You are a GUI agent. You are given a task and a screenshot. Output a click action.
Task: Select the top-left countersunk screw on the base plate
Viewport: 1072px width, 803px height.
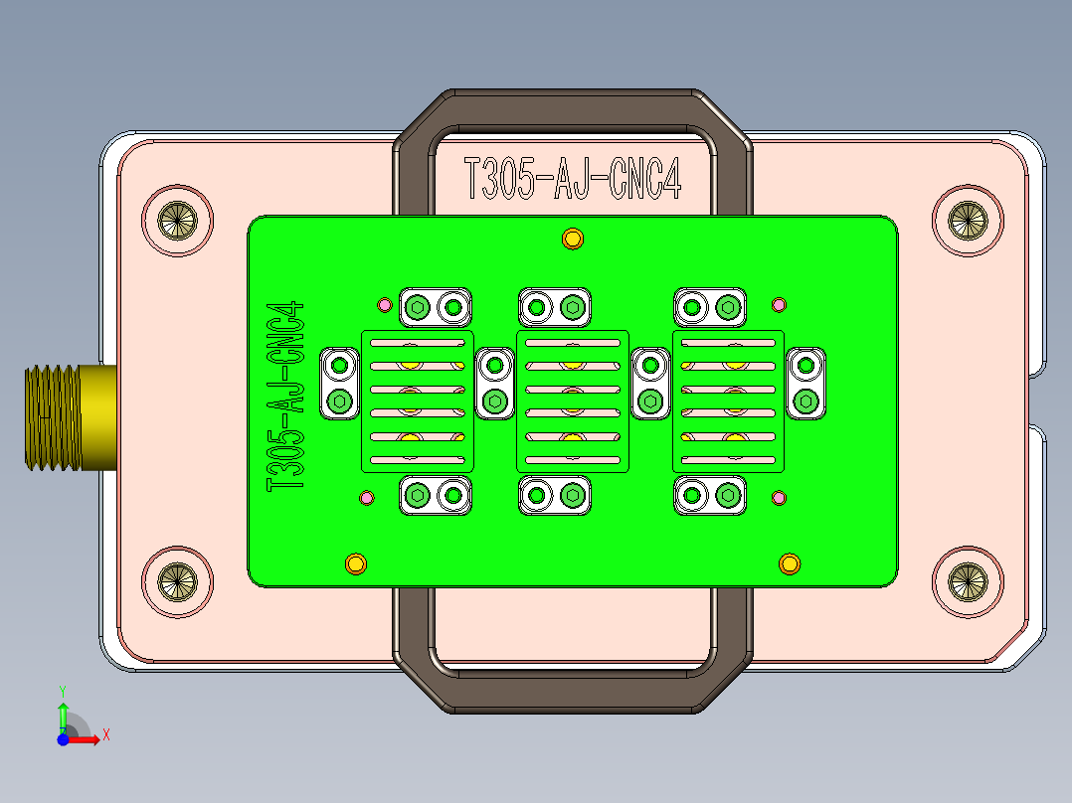click(x=178, y=219)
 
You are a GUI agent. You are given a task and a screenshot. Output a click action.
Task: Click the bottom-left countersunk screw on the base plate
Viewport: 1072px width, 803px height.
click(x=178, y=580)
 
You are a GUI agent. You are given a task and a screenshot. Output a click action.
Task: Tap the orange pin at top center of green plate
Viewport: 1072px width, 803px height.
click(x=572, y=239)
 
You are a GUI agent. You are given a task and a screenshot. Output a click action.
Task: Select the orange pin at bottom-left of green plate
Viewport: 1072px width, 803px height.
click(x=354, y=564)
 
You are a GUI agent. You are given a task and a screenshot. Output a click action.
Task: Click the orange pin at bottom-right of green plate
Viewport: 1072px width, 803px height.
click(x=789, y=564)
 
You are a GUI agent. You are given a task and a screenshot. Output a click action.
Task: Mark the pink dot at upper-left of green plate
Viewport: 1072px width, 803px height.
click(x=384, y=304)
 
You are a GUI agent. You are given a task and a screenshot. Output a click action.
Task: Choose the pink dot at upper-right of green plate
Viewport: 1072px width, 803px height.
click(x=780, y=304)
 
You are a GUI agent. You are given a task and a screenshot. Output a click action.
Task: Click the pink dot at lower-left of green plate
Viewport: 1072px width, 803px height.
click(x=366, y=497)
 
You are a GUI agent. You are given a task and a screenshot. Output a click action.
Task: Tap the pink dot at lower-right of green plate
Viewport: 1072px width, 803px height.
click(x=780, y=497)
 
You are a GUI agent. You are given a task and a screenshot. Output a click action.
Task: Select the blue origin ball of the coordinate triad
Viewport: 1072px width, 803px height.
click(x=63, y=738)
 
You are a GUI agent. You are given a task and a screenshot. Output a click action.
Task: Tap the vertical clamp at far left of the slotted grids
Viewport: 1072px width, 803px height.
click(x=340, y=384)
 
